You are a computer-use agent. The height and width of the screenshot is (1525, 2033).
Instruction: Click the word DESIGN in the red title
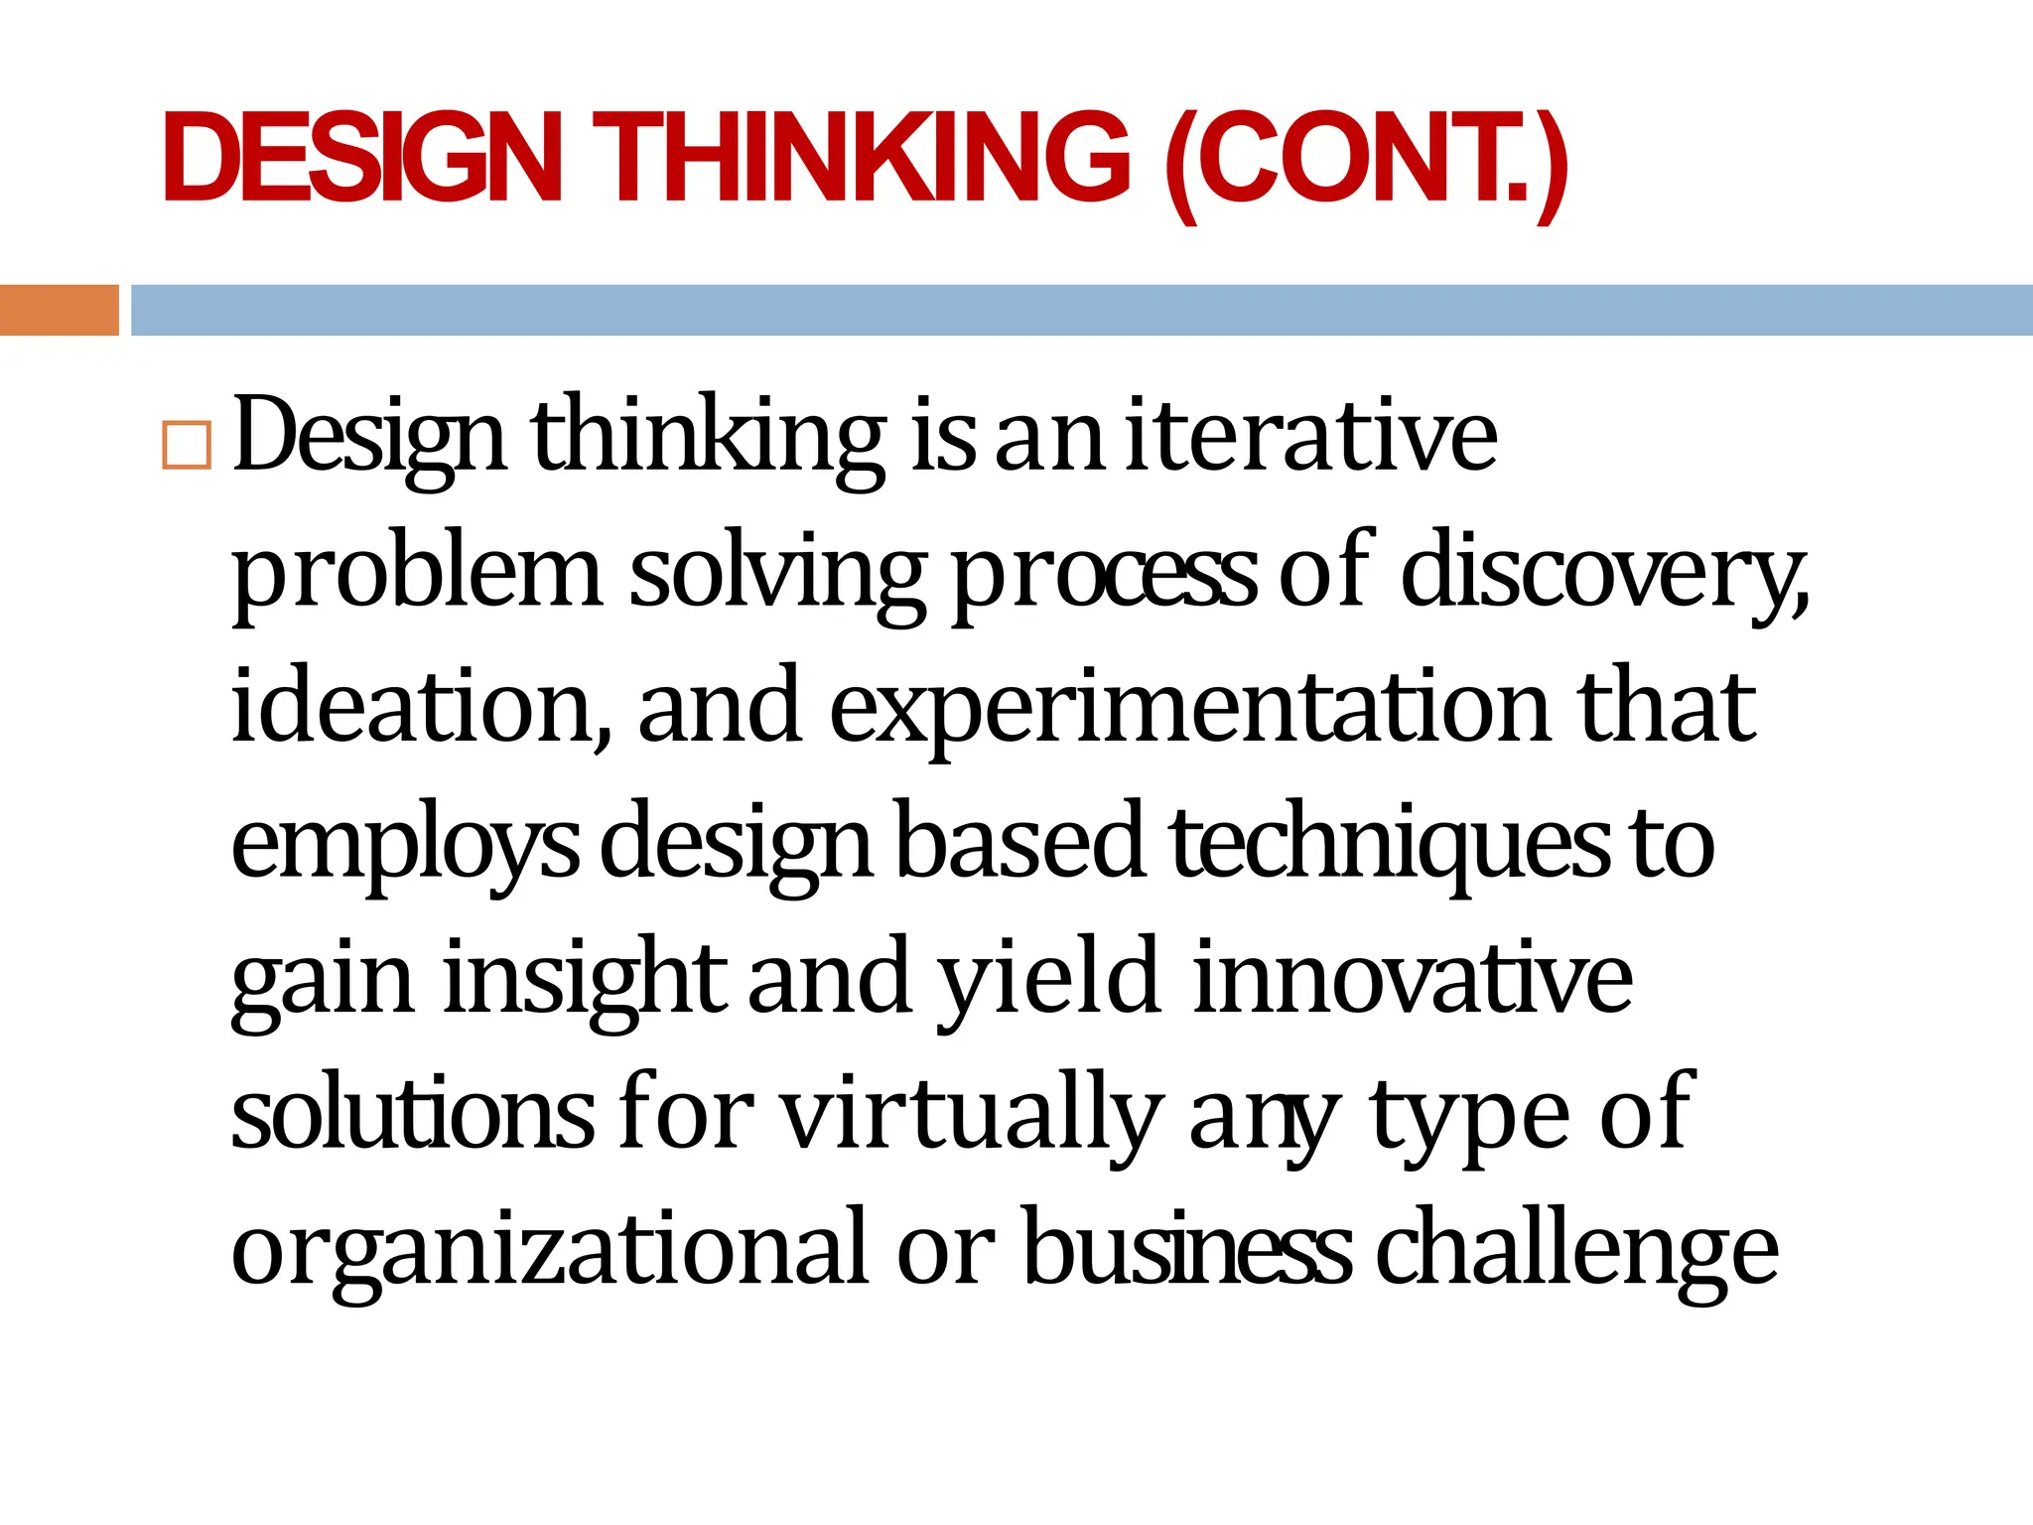(363, 159)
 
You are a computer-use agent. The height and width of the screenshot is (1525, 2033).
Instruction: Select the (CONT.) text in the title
(1366, 164)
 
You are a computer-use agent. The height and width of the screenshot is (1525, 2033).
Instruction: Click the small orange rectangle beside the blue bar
(59, 310)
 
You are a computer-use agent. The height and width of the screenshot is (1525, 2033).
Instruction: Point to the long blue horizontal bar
(1081, 310)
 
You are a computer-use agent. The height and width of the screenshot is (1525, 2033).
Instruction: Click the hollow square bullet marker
(187, 445)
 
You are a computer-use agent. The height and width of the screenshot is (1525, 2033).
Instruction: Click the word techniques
(1390, 844)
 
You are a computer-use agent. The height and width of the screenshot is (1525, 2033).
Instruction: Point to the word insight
(586, 981)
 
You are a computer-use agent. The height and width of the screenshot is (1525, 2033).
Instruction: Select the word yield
(1048, 981)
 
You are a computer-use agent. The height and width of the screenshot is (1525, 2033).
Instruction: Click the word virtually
(973, 1116)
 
